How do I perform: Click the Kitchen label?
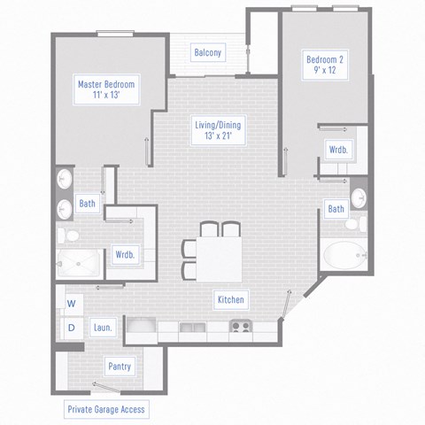pos(230,300)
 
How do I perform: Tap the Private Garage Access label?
pos(106,409)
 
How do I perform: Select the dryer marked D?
pos(71,328)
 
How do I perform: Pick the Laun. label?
pos(103,328)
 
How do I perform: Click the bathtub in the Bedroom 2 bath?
pos(343,255)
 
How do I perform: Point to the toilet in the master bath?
pos(66,235)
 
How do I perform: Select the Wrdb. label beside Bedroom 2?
pos(337,150)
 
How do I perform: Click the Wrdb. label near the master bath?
pos(125,255)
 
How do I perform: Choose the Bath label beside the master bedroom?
pos(87,204)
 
